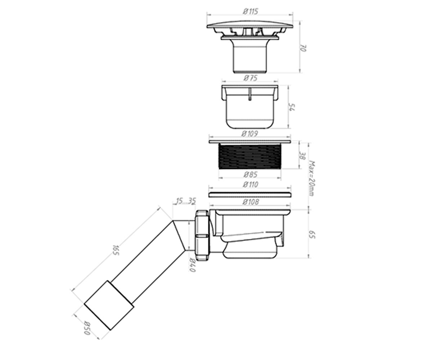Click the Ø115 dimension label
point(251,11)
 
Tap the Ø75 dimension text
point(250,78)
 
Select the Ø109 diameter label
point(250,134)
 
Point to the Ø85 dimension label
point(250,175)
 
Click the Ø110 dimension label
point(251,184)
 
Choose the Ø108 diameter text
point(251,202)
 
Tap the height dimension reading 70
point(303,48)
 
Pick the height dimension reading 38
point(302,156)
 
